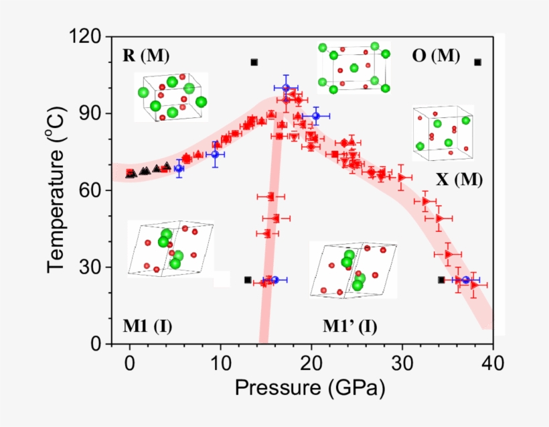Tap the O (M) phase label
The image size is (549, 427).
436,56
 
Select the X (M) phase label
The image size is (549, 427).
459,180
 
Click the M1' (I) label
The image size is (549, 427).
349,326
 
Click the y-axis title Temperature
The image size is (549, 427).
58,191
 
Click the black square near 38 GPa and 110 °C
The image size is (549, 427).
477,62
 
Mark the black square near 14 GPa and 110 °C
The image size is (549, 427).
254,62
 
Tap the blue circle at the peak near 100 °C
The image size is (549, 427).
286,88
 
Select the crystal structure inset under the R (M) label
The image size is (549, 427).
171,98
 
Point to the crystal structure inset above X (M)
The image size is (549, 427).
443,132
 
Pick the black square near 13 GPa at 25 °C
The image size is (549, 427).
248,280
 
